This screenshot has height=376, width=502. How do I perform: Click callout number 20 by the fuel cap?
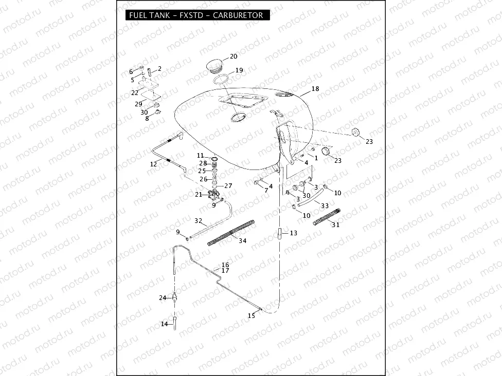pyautogui.click(x=234, y=57)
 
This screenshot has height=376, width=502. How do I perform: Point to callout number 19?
pyautogui.click(x=239, y=70)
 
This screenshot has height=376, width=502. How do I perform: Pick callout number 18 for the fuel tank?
pyautogui.click(x=315, y=89)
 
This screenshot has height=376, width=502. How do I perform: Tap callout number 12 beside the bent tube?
pyautogui.click(x=153, y=164)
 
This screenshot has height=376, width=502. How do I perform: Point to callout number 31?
pyautogui.click(x=335, y=225)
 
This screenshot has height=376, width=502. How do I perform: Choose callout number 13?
pyautogui.click(x=293, y=233)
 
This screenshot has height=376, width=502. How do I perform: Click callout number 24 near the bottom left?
pyautogui.click(x=163, y=298)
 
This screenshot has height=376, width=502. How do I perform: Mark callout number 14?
pyautogui.click(x=165, y=324)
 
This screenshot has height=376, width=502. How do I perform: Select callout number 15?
pyautogui.click(x=251, y=316)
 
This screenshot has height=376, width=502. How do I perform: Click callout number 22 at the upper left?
pyautogui.click(x=135, y=93)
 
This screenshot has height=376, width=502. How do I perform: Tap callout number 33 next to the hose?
pyautogui.click(x=325, y=205)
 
